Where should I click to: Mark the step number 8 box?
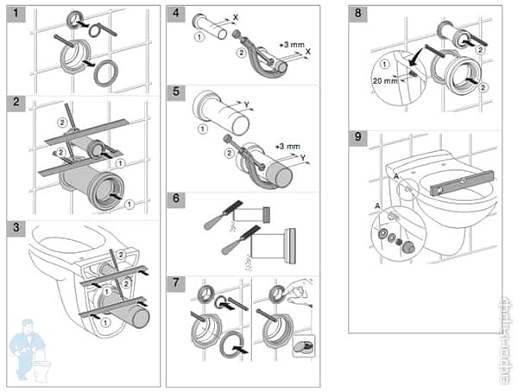(359, 15)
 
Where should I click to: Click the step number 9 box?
(359, 138)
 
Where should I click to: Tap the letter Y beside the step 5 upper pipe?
(249, 106)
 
